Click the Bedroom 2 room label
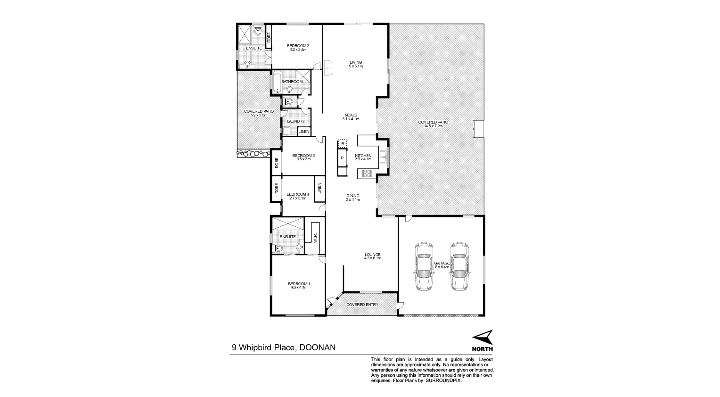coord(298,46)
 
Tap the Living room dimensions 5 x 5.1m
coord(356,66)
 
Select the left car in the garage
coord(424,266)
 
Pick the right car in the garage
coord(459,266)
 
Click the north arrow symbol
coord(483,337)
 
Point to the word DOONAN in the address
coord(317,347)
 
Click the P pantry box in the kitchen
coord(342,158)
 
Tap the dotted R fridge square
coord(343,143)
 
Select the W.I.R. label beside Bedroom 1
coord(315,238)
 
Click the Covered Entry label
coord(362,305)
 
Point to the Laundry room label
coord(296,121)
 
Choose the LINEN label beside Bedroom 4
coord(319,188)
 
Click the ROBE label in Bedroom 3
coord(277,163)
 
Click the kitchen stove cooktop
coord(367,174)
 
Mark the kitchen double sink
coord(383,157)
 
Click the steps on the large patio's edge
coord(478,129)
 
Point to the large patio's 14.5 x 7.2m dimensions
coord(433,126)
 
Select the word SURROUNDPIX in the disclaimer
coord(443,380)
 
